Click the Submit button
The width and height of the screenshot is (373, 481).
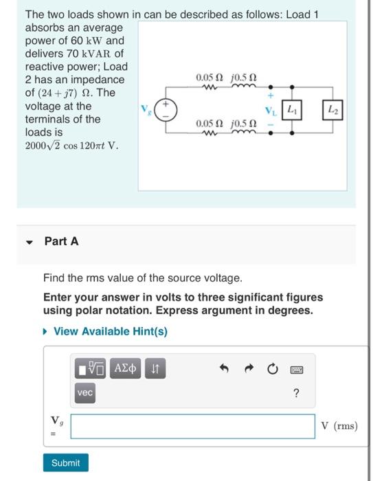[x=65, y=463]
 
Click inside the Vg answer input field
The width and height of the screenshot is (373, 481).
[x=193, y=425]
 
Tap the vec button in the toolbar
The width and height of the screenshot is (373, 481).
[x=85, y=392]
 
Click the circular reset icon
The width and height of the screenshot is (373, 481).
[x=273, y=370]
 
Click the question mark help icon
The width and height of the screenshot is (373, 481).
[x=296, y=392]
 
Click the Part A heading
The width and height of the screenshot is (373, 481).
[x=61, y=240]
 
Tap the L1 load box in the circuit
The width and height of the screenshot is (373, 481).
[x=291, y=109]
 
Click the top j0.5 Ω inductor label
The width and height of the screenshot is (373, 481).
[x=245, y=77]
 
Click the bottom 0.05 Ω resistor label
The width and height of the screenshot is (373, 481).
[x=207, y=124]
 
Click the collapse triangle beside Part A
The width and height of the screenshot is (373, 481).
[x=30, y=241]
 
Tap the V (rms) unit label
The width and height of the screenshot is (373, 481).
[x=339, y=425]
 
